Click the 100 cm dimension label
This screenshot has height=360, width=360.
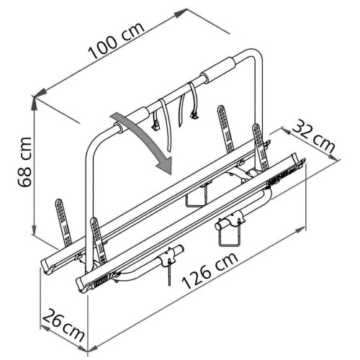point(117,41)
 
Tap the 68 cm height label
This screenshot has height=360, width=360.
point(24,162)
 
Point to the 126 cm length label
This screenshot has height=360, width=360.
point(210,271)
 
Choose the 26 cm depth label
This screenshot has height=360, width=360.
point(63,325)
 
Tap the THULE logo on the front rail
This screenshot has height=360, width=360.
point(101,282)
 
